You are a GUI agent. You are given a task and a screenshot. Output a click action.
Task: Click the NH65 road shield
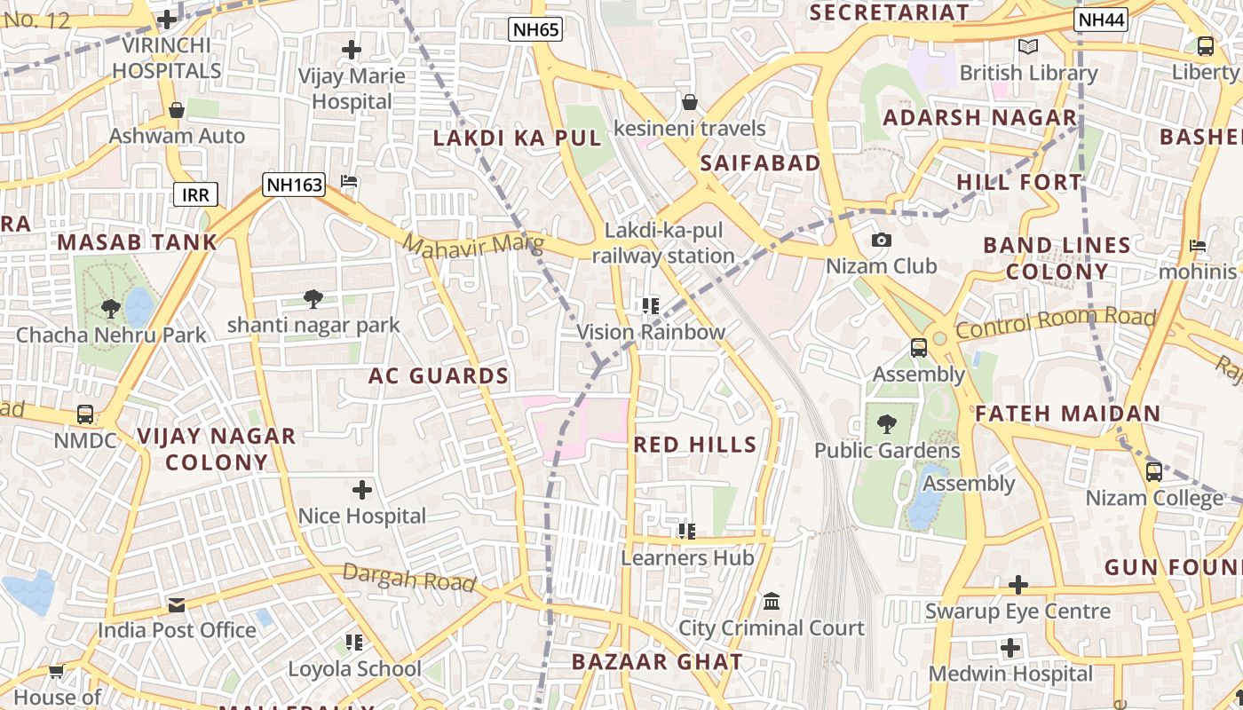pyautogui.click(x=536, y=30)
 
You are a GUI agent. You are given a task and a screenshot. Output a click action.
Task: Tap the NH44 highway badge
pyautogui.click(x=1100, y=20)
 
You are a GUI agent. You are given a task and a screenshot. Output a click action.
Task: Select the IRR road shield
pyautogui.click(x=195, y=195)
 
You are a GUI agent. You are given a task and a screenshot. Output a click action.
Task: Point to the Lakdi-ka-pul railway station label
pyautogui.click(x=663, y=243)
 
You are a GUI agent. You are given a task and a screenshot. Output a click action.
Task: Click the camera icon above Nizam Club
pyautogui.click(x=881, y=241)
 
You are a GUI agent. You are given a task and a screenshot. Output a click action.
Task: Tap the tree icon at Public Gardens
pyautogui.click(x=886, y=424)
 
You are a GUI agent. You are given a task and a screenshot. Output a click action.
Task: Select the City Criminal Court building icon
pyautogui.click(x=772, y=602)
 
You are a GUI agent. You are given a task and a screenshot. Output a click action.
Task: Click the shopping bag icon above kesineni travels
pyautogui.click(x=689, y=103)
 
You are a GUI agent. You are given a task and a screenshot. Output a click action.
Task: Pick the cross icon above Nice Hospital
pyautogui.click(x=361, y=490)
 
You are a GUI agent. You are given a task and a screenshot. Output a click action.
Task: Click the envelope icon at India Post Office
pyautogui.click(x=177, y=605)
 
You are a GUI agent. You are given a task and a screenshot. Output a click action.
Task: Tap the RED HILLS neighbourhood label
pyautogui.click(x=696, y=445)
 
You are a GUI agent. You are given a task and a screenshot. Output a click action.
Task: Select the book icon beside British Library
pyautogui.click(x=1028, y=47)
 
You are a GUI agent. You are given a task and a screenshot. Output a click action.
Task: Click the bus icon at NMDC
pyautogui.click(x=85, y=414)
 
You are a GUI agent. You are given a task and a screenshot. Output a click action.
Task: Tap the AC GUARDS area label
pyautogui.click(x=439, y=376)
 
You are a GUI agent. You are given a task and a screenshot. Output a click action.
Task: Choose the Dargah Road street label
pyautogui.click(x=409, y=578)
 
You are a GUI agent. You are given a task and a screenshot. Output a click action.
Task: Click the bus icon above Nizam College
pyautogui.click(x=1153, y=472)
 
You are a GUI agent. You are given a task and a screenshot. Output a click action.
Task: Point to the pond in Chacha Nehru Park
pyautogui.click(x=139, y=306)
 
